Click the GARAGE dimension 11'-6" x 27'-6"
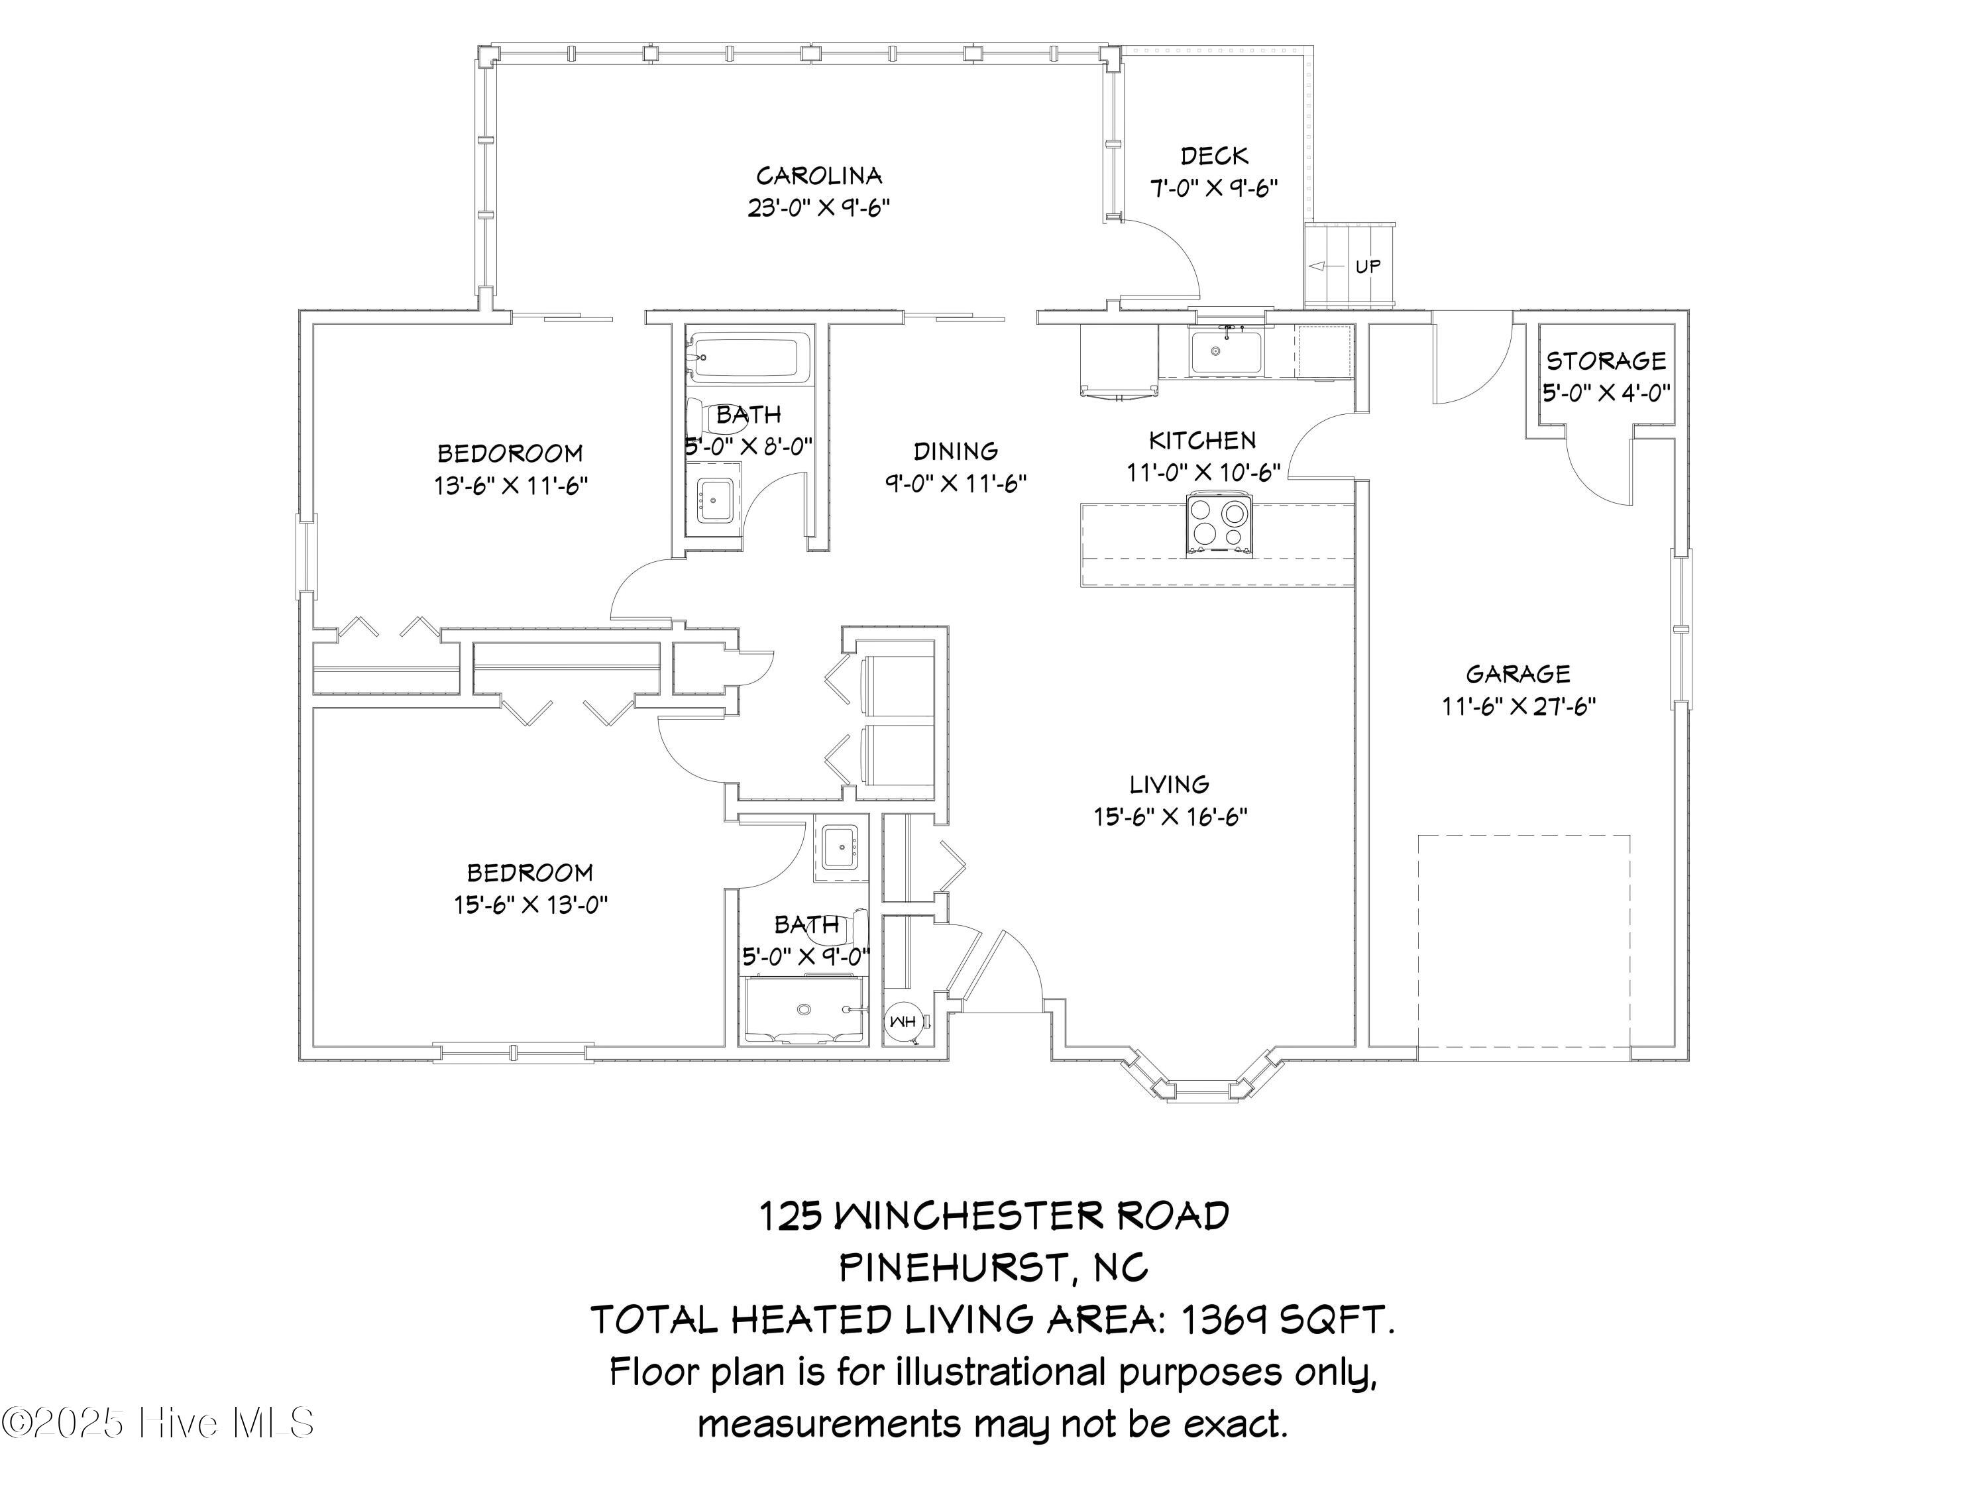1518,706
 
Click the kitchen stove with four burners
1219,524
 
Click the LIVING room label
1168,785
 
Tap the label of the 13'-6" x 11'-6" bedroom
510,453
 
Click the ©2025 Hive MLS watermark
159,1423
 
